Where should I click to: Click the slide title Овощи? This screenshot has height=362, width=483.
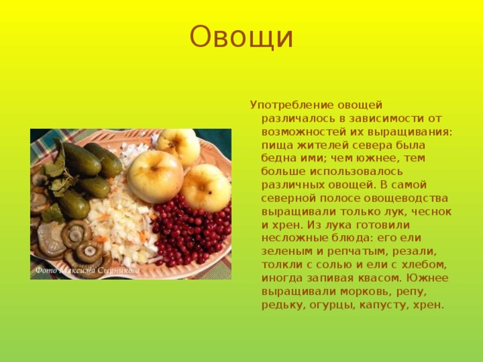pyautogui.click(x=241, y=37)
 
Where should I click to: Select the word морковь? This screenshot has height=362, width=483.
pyautogui.click(x=365, y=292)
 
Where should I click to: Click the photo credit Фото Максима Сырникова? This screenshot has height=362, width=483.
pyautogui.click(x=88, y=271)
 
